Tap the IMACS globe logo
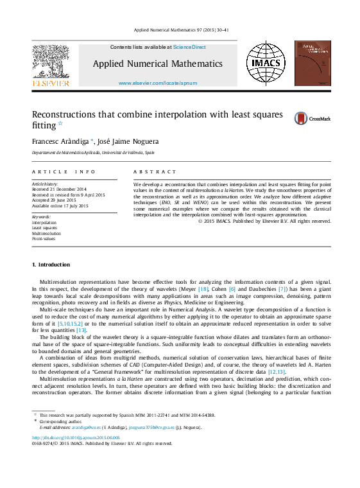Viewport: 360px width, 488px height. pyautogui.click(x=266, y=64)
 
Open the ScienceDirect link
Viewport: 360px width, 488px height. pyautogui.click(x=190, y=47)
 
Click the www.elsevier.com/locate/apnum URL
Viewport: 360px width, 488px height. pyautogui.click(x=158, y=83)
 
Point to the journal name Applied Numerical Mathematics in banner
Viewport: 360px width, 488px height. pyautogui.click(x=158, y=64)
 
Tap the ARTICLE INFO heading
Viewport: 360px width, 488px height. pyautogui.click(x=64, y=172)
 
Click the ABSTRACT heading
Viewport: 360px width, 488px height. pyautogui.click(x=154, y=172)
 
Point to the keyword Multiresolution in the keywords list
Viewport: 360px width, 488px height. pyautogui.click(x=46, y=233)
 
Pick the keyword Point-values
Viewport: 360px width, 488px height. pyautogui.click(x=44, y=238)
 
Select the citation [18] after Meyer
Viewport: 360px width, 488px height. pyautogui.click(x=203, y=290)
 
